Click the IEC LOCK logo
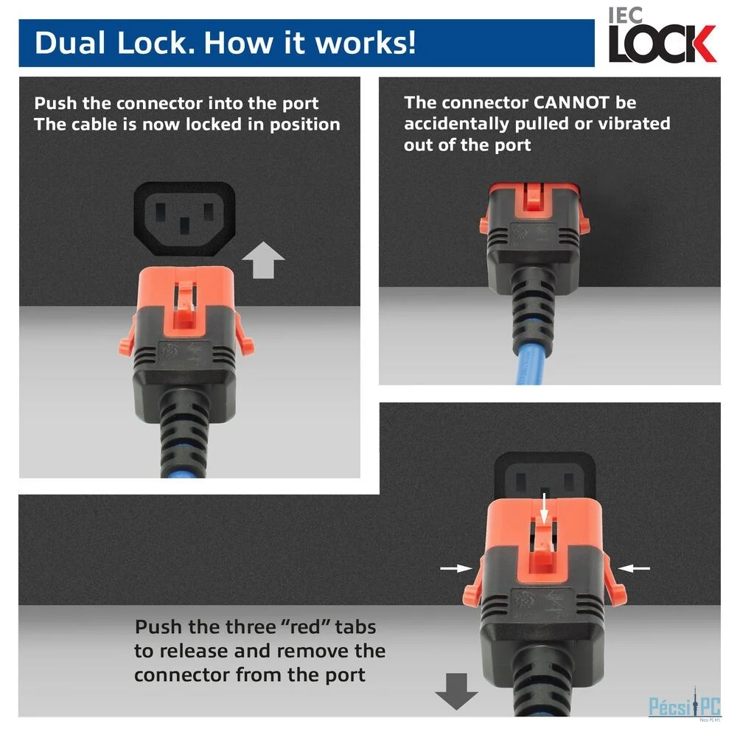point(662,35)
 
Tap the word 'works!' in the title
point(366,43)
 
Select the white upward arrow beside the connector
point(263,260)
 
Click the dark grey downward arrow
point(456,691)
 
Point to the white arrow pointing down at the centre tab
point(545,508)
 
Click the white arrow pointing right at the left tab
point(456,568)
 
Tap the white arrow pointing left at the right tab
point(634,568)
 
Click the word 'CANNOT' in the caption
point(571,102)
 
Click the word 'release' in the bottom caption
point(192,652)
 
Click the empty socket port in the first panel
point(185,219)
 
